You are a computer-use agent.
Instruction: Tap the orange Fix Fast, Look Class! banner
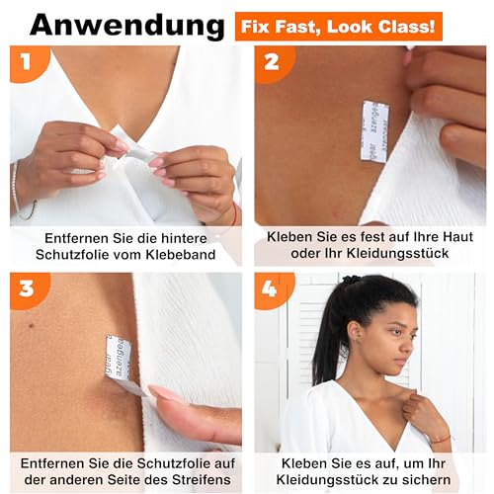(337, 23)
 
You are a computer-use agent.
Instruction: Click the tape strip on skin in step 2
(374, 130)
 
